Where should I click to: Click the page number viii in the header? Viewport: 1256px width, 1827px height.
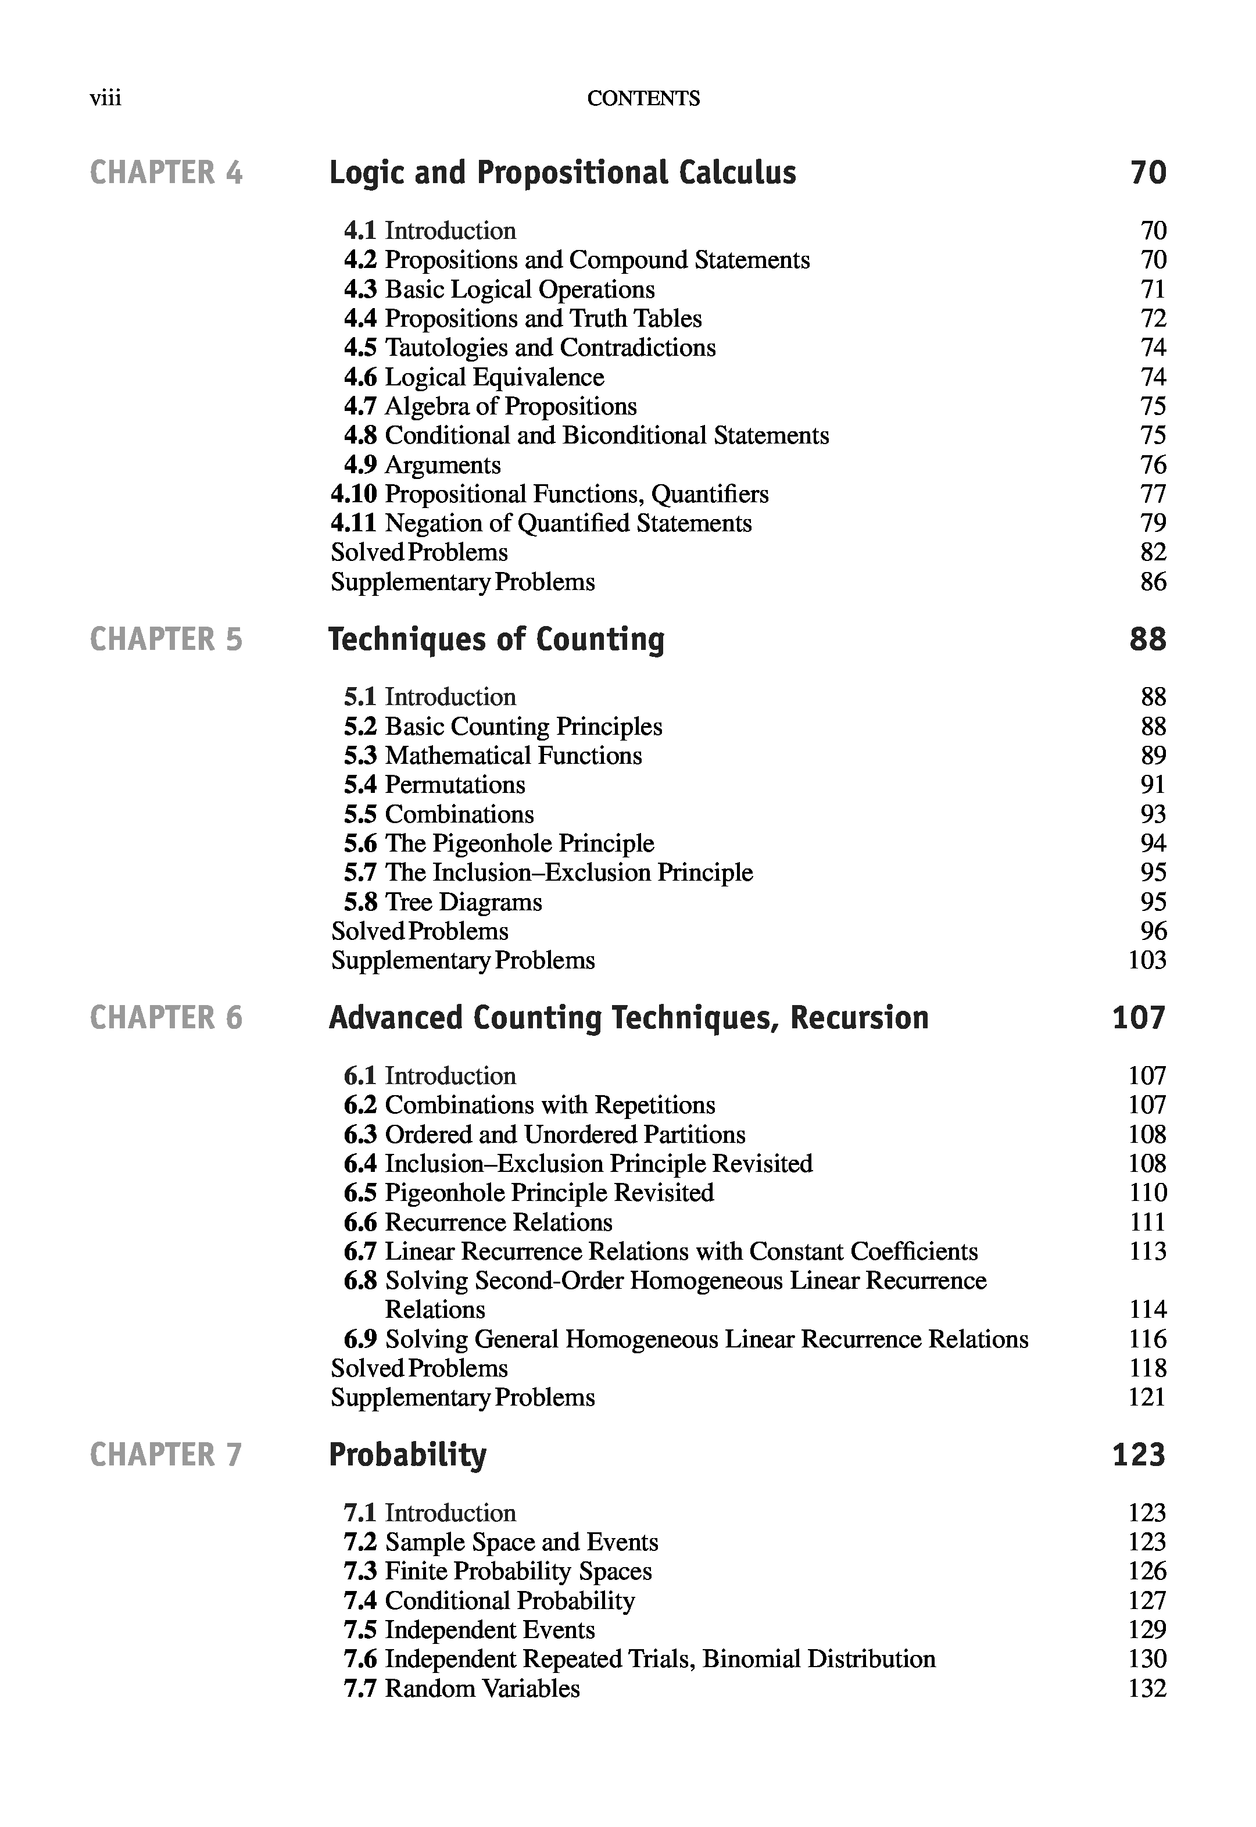coord(105,98)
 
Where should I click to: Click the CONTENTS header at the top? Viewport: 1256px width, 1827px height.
coord(643,98)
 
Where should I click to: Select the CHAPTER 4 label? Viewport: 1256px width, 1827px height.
coord(166,173)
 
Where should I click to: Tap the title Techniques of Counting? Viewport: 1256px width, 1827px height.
coord(496,639)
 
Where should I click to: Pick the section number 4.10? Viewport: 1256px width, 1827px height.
coord(353,494)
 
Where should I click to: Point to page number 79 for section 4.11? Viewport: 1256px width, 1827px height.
coord(1153,524)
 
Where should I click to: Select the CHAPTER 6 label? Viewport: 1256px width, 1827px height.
coord(166,1018)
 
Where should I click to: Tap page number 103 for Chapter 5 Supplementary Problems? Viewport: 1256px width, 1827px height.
coord(1147,960)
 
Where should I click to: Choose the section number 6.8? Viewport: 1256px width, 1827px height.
coord(360,1281)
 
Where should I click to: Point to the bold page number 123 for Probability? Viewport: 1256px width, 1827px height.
coord(1138,1454)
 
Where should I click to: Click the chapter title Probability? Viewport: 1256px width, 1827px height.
coord(407,1454)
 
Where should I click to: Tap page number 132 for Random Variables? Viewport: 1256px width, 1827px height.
coord(1147,1689)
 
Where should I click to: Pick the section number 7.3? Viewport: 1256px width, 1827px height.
coord(360,1571)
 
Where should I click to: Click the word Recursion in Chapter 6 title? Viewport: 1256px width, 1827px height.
coord(860,1018)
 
